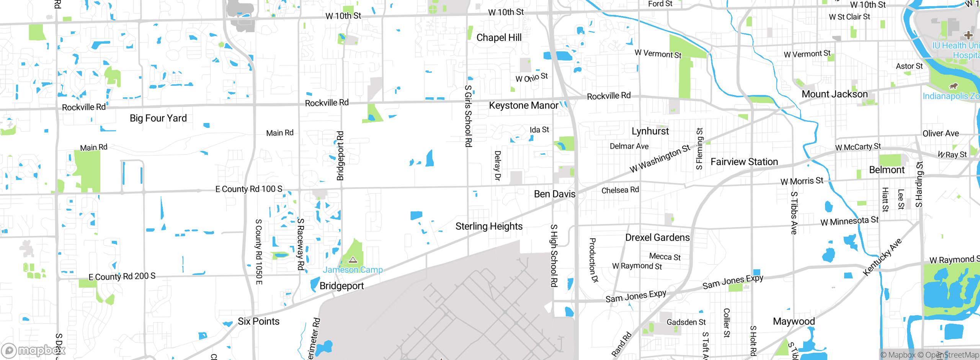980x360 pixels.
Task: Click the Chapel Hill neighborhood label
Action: [x=499, y=38]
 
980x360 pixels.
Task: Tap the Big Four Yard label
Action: [x=158, y=118]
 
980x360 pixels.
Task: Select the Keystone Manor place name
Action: [x=523, y=105]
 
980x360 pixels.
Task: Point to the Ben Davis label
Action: [x=554, y=194]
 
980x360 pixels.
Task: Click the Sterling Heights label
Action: [x=489, y=226]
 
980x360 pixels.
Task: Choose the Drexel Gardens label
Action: [x=657, y=237]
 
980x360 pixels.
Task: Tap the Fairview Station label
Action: [x=744, y=162]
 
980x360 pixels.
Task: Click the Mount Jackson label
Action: [x=835, y=94]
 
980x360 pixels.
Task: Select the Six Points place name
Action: [x=258, y=321]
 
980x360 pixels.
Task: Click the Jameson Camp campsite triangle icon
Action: [x=353, y=260]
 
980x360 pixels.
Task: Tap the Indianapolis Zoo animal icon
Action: [x=954, y=86]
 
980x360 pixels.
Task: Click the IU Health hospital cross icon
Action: [x=969, y=35]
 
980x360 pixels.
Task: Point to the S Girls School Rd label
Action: [x=468, y=116]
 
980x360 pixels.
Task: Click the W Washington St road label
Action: [x=660, y=159]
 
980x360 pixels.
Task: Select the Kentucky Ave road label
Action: [x=883, y=257]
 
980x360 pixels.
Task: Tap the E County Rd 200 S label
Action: [x=122, y=277]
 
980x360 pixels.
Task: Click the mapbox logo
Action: [x=33, y=350]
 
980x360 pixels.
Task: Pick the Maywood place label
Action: [x=794, y=321]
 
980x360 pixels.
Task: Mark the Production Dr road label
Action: [x=593, y=260]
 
